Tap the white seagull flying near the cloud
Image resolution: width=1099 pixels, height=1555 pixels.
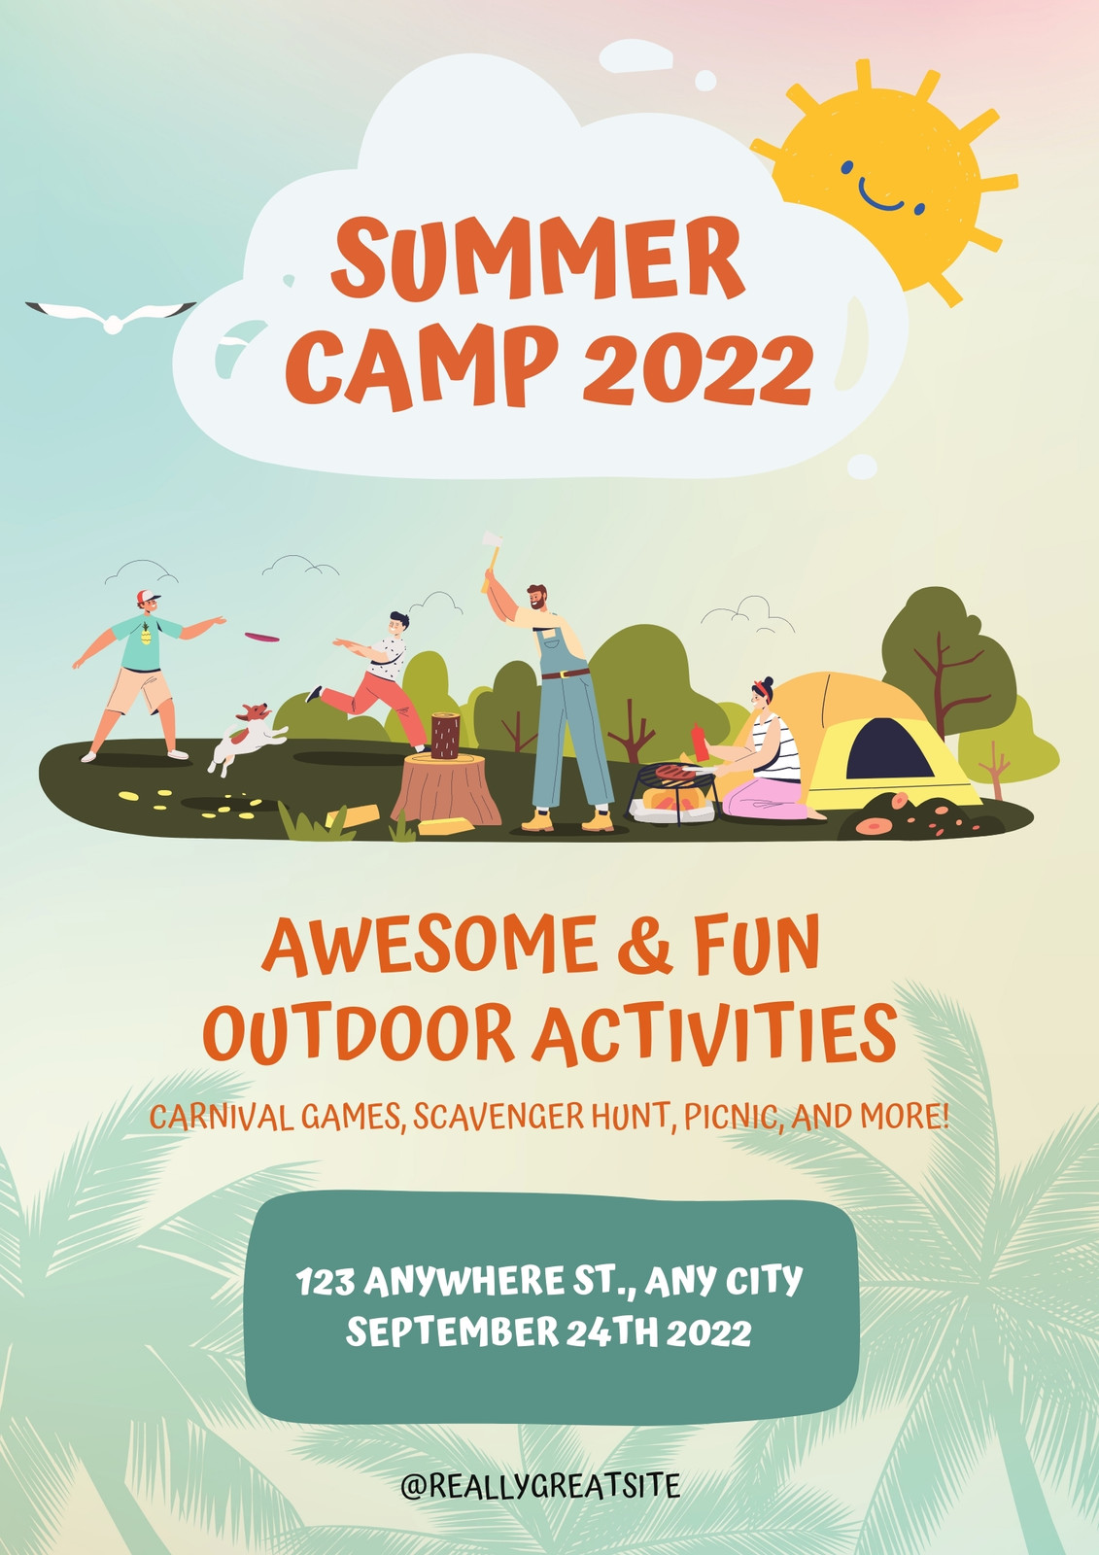pos(111,318)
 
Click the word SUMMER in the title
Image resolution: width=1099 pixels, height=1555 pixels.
pos(538,258)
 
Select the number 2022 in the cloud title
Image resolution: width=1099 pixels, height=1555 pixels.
pos(697,370)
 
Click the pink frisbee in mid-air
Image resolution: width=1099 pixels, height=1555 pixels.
pos(261,637)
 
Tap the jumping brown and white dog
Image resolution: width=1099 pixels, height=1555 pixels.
pos(247,738)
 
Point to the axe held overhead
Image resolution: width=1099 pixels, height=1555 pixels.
pos(493,560)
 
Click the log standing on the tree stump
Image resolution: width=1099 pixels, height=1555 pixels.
pos(445,736)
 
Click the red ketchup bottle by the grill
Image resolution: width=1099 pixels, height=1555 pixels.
pos(700,743)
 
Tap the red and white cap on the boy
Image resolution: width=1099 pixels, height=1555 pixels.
pos(147,597)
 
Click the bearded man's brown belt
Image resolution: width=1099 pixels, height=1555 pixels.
pos(566,673)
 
